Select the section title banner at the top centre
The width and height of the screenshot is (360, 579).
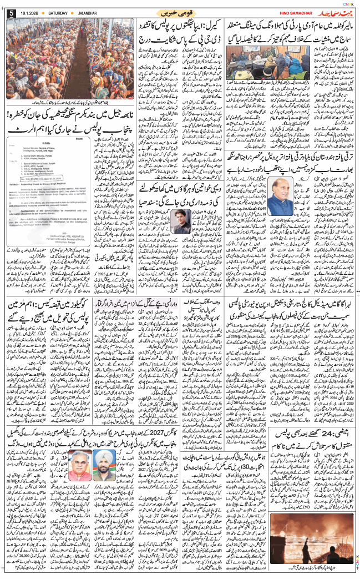point(180,12)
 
